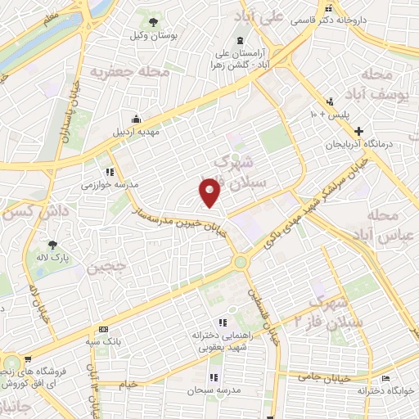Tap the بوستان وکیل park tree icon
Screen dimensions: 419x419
click(153, 20)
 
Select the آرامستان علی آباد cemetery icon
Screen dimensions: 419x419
click(240, 41)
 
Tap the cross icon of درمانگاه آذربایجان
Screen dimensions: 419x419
click(358, 130)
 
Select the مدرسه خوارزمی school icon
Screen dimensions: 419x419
click(109, 172)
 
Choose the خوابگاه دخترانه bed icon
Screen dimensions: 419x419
click(386, 378)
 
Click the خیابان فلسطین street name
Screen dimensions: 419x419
click(263, 317)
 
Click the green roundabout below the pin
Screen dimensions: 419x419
click(241, 262)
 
